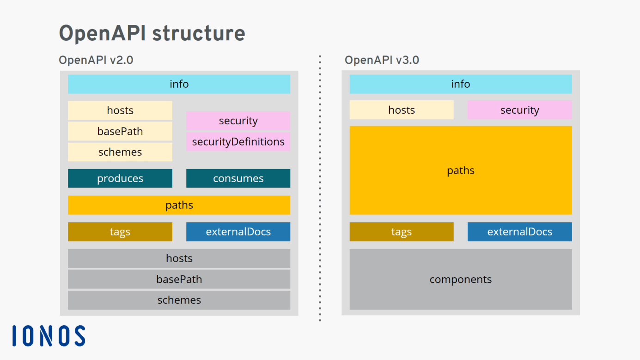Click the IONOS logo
(x=49, y=336)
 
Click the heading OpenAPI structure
(x=152, y=33)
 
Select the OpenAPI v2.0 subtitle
(x=96, y=60)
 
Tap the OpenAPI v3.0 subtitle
(x=382, y=60)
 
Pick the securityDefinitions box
(x=238, y=142)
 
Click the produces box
(x=120, y=178)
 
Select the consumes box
(x=238, y=178)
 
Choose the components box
(x=460, y=279)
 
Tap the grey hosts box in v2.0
(x=179, y=258)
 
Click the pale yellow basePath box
(x=120, y=131)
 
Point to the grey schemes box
(x=179, y=300)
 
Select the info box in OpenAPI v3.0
(x=460, y=84)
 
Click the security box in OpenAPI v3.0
(x=519, y=110)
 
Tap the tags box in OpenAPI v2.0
(x=120, y=232)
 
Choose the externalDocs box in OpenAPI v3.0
(x=519, y=232)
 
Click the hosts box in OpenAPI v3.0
(x=402, y=110)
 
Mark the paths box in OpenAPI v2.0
(x=179, y=205)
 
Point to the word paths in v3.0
(x=460, y=171)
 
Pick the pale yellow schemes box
(x=120, y=152)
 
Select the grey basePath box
(x=179, y=279)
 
